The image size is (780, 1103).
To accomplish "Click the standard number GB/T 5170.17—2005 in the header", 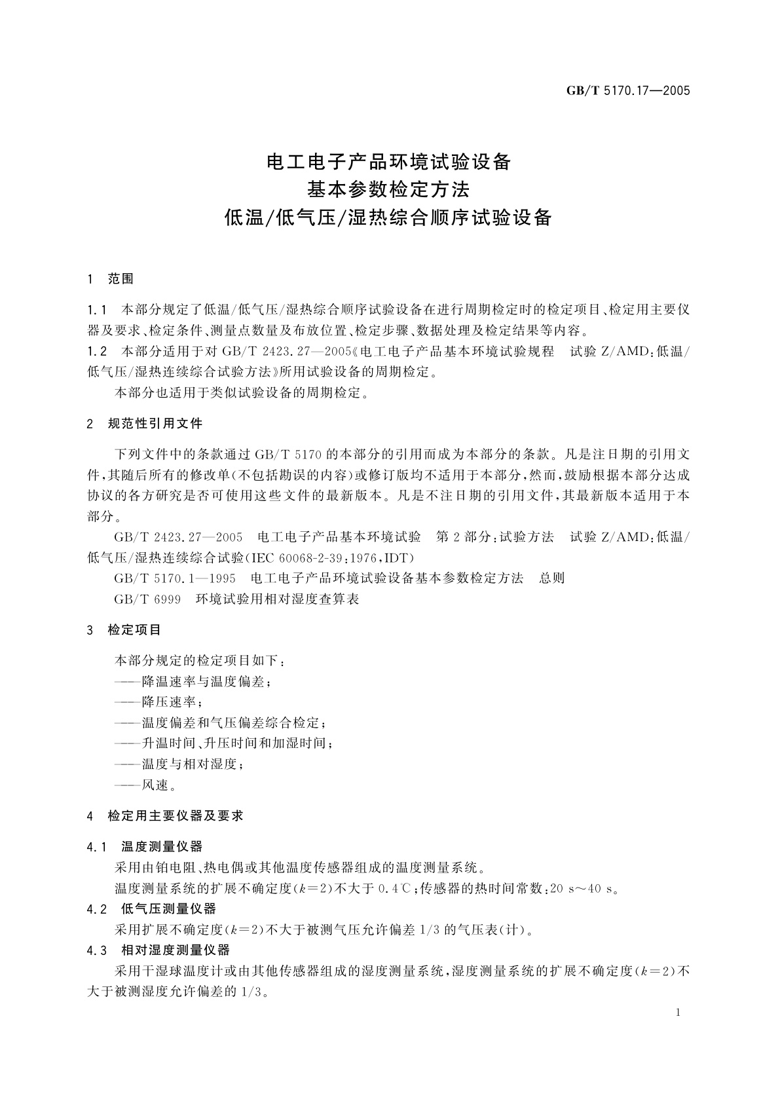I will point(628,91).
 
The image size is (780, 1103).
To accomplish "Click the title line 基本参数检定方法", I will point(389,190).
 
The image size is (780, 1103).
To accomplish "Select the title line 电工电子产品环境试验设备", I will point(389,162).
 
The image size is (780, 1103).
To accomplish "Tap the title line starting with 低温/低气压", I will point(389,218).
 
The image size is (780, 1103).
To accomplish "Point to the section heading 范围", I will point(121,280).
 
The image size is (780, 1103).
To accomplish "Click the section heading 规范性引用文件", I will point(155,424).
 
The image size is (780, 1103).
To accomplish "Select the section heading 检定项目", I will point(134,630).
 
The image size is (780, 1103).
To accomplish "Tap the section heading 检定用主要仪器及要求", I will point(176,816).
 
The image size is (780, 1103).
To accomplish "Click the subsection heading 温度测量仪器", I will point(162,848).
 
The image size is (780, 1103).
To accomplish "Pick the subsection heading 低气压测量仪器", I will point(168,909).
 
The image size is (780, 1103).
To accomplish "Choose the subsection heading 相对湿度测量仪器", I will point(176,950).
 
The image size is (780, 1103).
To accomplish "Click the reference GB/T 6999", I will point(147,599).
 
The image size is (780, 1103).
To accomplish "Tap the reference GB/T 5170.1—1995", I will point(175,578).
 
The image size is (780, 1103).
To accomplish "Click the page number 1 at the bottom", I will point(678,1013).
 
